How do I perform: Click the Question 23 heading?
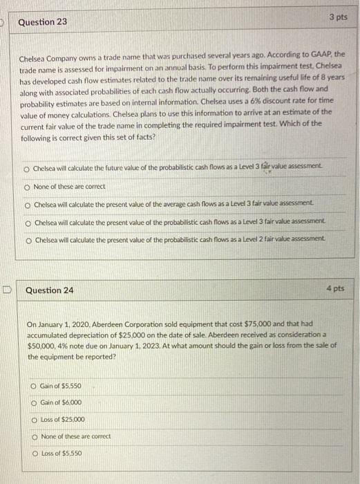click(x=43, y=22)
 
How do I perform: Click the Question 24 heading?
click(x=49, y=290)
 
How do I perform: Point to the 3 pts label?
click(x=338, y=15)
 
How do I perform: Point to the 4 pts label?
click(x=335, y=288)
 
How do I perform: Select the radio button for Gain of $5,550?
click(x=35, y=386)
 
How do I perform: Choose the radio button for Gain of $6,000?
click(x=35, y=402)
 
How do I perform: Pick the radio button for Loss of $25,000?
click(x=35, y=419)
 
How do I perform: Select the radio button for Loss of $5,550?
click(x=35, y=452)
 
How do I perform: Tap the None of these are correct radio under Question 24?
click(x=35, y=436)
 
